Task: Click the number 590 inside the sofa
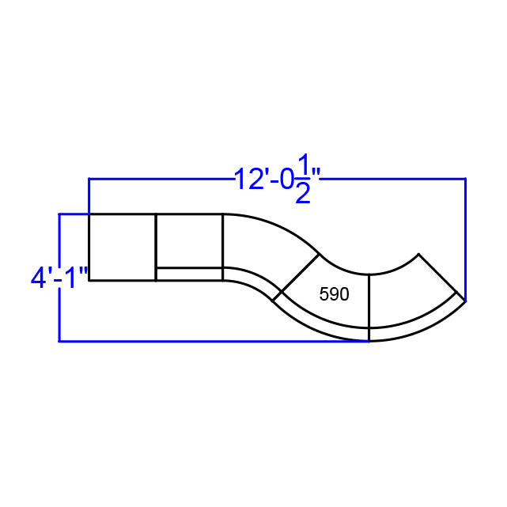point(334,295)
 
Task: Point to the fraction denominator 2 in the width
point(302,195)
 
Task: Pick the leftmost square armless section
point(122,247)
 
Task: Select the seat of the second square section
point(189,240)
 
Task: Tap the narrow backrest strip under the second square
point(189,274)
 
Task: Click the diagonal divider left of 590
point(297,277)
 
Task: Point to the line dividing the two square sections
point(156,247)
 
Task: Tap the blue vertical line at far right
point(465,237)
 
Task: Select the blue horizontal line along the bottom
point(214,341)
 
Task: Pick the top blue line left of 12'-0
point(158,179)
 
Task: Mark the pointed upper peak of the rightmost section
point(418,255)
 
